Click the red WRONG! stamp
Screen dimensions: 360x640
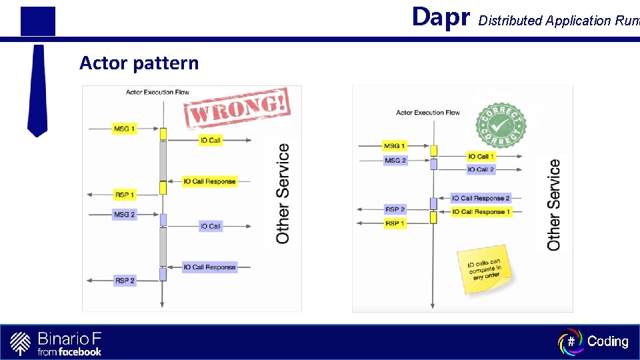(237, 107)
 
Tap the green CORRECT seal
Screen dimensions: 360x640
(501, 125)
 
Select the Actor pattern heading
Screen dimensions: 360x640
(139, 63)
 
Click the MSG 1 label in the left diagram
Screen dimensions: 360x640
(125, 128)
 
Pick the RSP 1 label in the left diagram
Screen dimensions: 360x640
(125, 195)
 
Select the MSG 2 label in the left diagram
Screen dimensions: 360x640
(125, 215)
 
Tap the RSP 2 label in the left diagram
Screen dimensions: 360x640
(125, 281)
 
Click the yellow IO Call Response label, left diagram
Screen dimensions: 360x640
(209, 181)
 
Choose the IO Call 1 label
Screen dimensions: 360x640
(481, 156)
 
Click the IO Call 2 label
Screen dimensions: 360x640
(481, 169)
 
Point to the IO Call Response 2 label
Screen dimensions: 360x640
(481, 198)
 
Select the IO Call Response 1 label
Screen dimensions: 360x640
(481, 211)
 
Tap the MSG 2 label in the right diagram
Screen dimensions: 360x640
(395, 160)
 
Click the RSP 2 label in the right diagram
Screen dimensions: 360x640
(395, 209)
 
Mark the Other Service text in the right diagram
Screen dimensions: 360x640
(554, 204)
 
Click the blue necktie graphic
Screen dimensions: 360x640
(37, 90)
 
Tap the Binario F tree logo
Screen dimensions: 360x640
(21, 343)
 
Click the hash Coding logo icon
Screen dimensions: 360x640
(570, 341)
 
